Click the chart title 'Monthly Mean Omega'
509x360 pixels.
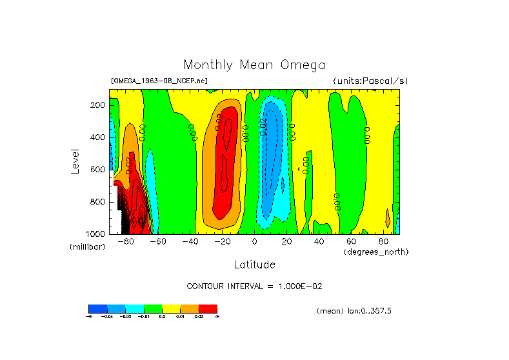pos(254,65)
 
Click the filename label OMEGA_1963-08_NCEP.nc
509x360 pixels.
pos(159,81)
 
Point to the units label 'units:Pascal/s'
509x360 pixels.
pos(370,81)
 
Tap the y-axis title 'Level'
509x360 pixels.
pos(75,161)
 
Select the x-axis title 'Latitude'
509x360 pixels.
pos(254,265)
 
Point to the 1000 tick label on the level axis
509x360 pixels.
pos(96,234)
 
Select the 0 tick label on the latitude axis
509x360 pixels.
pos(255,242)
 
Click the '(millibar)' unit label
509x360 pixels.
pos(87,248)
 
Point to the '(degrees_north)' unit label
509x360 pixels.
pos(376,252)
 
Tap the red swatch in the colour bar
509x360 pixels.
pos(208,308)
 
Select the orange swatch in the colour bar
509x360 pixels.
pos(190,308)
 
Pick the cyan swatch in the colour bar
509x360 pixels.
pos(134,308)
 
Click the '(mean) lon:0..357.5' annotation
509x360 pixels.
pos(354,311)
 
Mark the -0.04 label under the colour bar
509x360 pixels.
pos(106,316)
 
